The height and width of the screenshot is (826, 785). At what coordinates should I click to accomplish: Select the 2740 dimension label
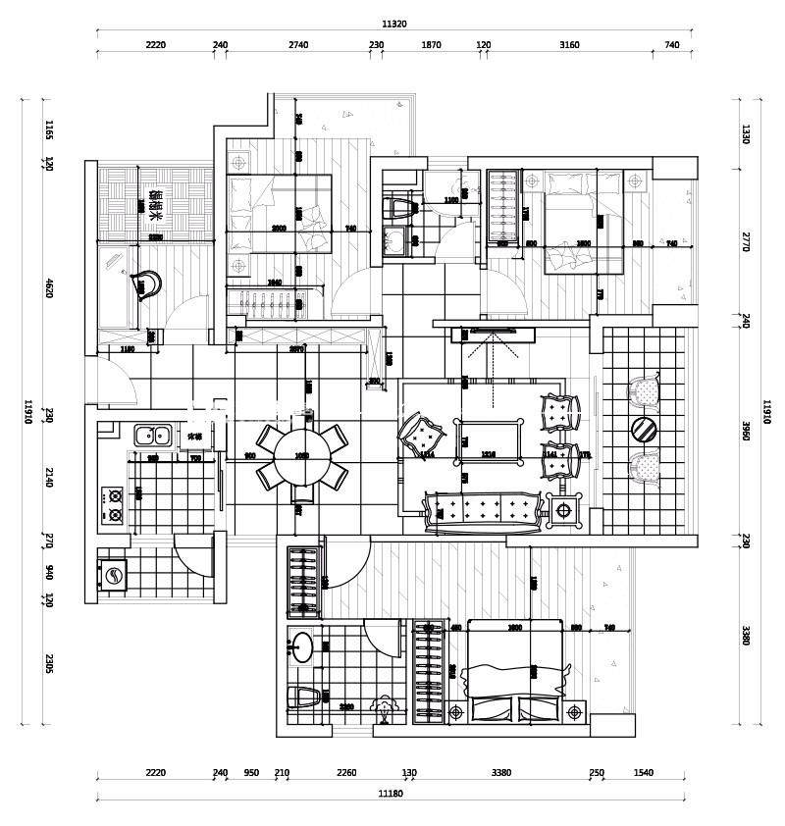(298, 45)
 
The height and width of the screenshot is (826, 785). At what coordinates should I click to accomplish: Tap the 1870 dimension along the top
(432, 45)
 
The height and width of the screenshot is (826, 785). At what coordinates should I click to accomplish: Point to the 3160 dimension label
(569, 45)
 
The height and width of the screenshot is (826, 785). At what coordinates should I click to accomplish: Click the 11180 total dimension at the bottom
(392, 793)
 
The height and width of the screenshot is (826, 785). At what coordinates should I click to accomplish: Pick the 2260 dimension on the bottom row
(346, 773)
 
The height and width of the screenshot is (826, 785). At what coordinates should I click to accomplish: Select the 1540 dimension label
(643, 773)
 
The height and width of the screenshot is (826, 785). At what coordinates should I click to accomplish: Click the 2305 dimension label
(48, 665)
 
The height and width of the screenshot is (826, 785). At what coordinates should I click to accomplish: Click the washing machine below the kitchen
(114, 576)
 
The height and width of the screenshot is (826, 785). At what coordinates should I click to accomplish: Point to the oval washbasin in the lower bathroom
(302, 646)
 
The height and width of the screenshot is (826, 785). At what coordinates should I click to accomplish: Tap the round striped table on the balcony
(646, 430)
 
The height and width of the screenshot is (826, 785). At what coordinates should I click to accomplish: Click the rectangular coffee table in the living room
(489, 437)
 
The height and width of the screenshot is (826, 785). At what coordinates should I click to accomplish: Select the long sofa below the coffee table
(483, 510)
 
